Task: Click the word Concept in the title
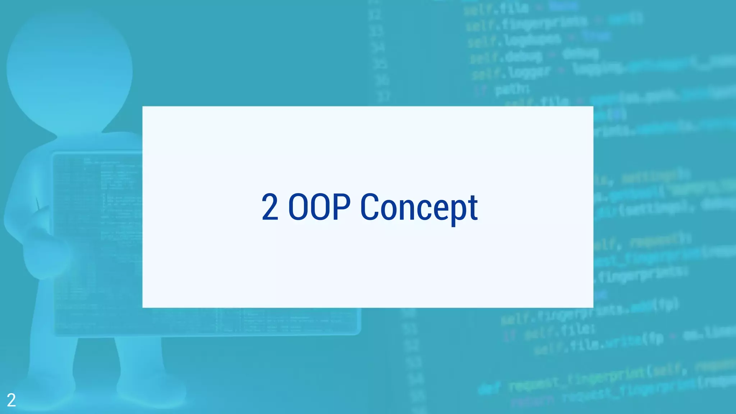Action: point(419,207)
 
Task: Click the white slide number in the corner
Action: point(11,400)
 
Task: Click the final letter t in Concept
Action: point(473,207)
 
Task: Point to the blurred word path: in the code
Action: point(512,88)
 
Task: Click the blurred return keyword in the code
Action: point(534,401)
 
